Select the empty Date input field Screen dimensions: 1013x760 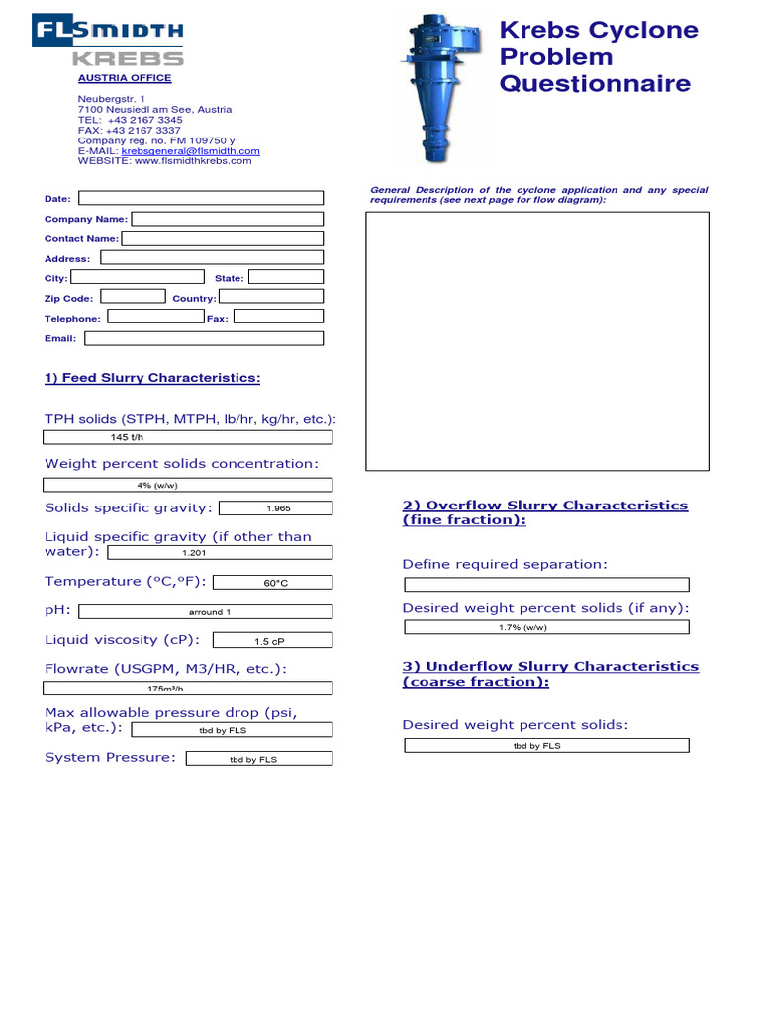pos(201,198)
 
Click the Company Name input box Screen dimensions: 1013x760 pos(227,219)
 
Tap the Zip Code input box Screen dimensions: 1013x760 pos(134,296)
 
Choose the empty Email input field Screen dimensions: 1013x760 pos(204,338)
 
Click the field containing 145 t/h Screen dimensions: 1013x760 pos(188,437)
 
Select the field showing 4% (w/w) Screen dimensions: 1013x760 pos(188,485)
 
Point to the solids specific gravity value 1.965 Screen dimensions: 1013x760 pos(275,508)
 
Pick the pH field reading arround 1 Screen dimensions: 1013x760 pos(205,612)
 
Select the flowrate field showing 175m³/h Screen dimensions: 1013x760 pos(188,689)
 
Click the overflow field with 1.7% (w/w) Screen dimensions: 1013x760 pos(546,627)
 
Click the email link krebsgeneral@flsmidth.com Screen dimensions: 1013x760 pos(190,151)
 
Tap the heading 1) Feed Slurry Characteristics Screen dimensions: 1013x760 pos(152,378)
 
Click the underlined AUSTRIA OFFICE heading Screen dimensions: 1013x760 pos(125,78)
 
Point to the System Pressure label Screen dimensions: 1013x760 pos(110,758)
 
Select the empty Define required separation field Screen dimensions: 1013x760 pos(546,585)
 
